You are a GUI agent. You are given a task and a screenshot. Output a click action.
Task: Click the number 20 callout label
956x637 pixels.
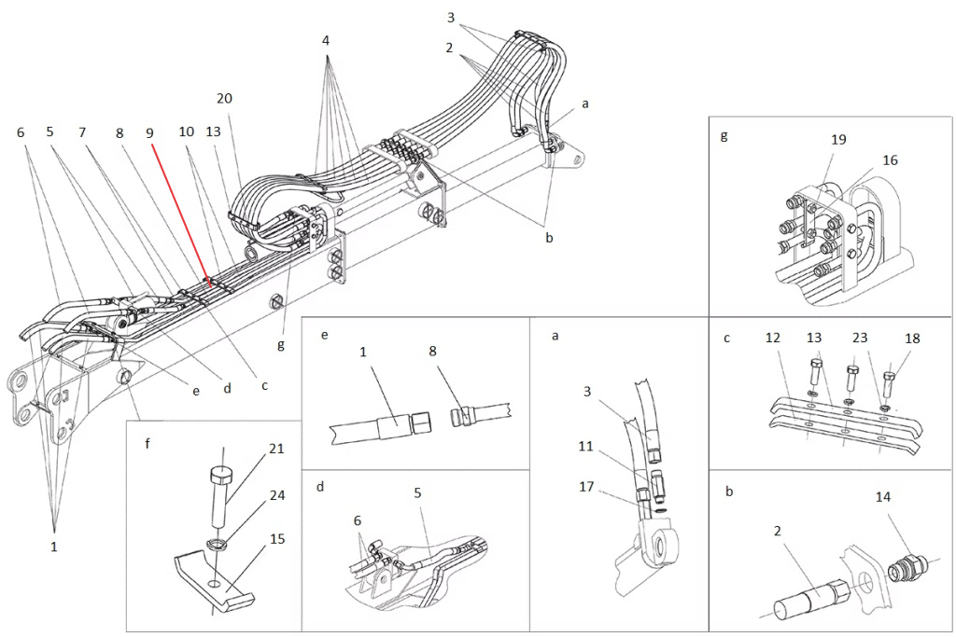coord(224,98)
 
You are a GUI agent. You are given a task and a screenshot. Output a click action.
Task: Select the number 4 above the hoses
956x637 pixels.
coord(326,41)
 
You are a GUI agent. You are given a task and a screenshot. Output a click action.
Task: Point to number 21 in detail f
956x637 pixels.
coord(276,449)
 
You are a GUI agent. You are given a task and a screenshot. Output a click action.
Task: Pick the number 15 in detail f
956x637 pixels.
coord(277,539)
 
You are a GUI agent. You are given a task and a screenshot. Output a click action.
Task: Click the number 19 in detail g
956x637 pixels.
coord(839,140)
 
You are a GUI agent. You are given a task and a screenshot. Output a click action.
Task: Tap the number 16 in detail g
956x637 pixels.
coord(890,160)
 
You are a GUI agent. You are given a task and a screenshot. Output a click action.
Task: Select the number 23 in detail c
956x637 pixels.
coord(860,338)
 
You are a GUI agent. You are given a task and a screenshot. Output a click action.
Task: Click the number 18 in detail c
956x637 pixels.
coord(912,339)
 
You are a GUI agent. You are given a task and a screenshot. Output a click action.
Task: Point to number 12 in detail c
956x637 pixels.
coord(773,338)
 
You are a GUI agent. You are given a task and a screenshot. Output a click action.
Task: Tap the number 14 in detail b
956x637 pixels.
coord(883,497)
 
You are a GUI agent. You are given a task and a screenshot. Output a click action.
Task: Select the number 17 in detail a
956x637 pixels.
coord(586,487)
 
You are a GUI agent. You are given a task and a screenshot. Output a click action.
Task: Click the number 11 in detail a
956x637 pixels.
coord(586,447)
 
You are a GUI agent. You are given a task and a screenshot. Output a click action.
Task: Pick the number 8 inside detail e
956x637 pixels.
coord(433,351)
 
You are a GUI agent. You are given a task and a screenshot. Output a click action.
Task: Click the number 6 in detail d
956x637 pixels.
coord(358,520)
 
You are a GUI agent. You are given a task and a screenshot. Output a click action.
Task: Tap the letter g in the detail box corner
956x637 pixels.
coord(724,135)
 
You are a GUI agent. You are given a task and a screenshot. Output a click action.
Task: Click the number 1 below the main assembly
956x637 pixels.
coord(53,547)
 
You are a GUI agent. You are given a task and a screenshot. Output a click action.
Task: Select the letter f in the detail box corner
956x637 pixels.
coord(148,443)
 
